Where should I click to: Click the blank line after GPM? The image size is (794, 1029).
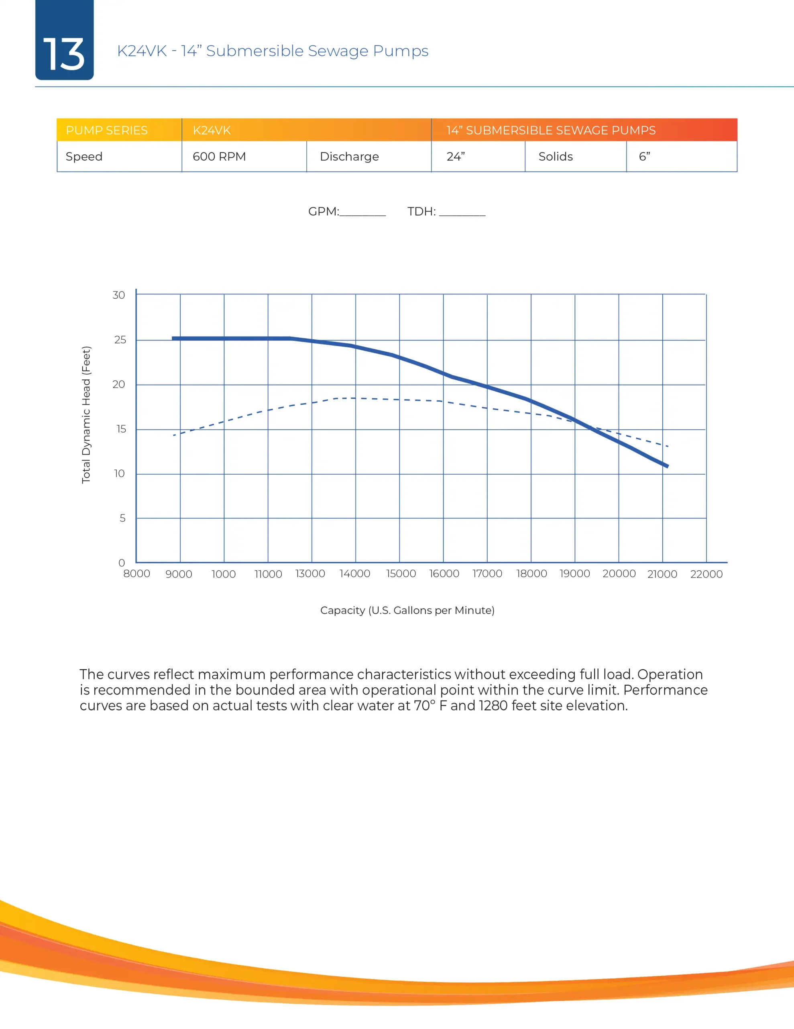point(362,213)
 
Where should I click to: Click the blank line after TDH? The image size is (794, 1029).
point(462,213)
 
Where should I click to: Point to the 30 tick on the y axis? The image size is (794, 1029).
point(118,295)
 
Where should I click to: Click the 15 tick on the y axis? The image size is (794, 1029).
point(120,429)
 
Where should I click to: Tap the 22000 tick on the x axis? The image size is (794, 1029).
point(706,574)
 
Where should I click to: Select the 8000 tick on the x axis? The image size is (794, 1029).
point(136,574)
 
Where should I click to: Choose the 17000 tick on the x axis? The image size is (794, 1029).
point(487,574)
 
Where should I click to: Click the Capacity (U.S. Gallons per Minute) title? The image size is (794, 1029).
point(407,610)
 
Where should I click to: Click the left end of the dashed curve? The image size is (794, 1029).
point(174,435)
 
